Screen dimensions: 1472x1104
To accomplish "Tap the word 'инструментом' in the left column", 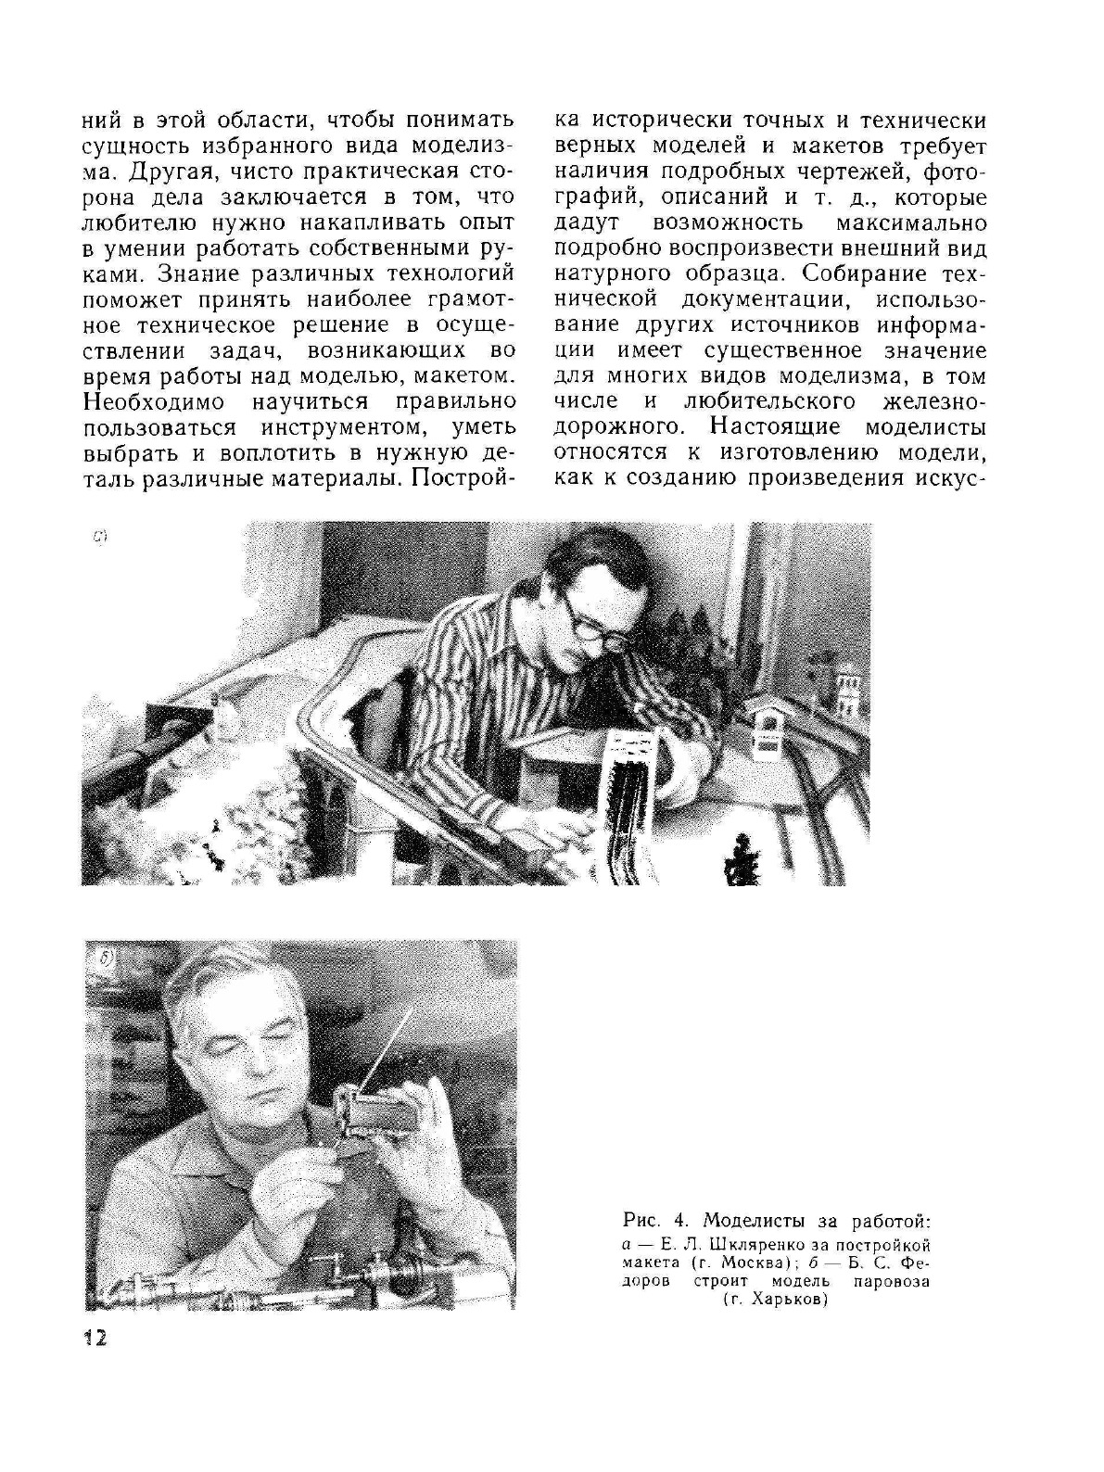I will click(x=342, y=428).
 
